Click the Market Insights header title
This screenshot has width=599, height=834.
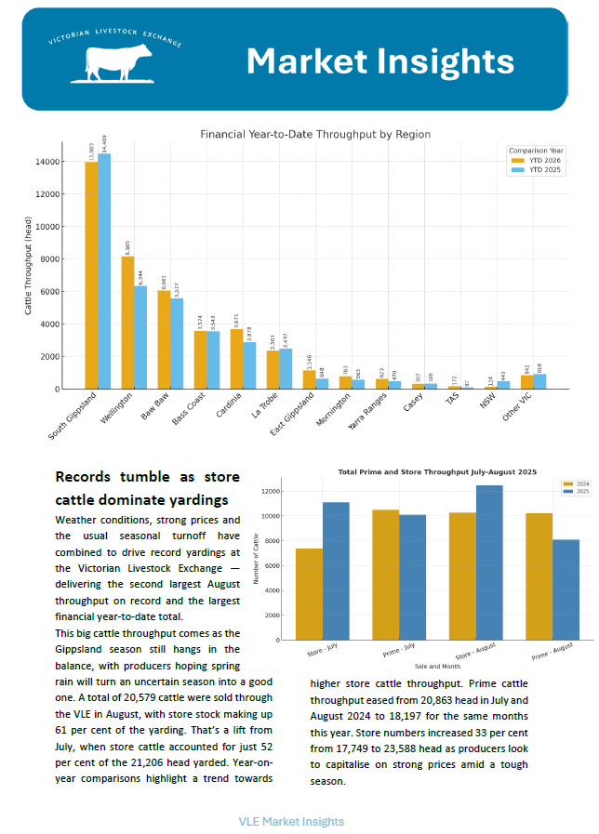[379, 61]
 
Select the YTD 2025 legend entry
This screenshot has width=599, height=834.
[544, 171]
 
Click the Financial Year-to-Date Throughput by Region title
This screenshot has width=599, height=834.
[315, 135]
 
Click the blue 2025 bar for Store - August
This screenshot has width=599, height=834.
[489, 563]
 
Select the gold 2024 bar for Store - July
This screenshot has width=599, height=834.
[310, 594]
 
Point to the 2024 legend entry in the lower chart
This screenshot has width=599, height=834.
[574, 483]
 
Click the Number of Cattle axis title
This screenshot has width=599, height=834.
[258, 558]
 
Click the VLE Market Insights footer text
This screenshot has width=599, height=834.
[291, 821]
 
